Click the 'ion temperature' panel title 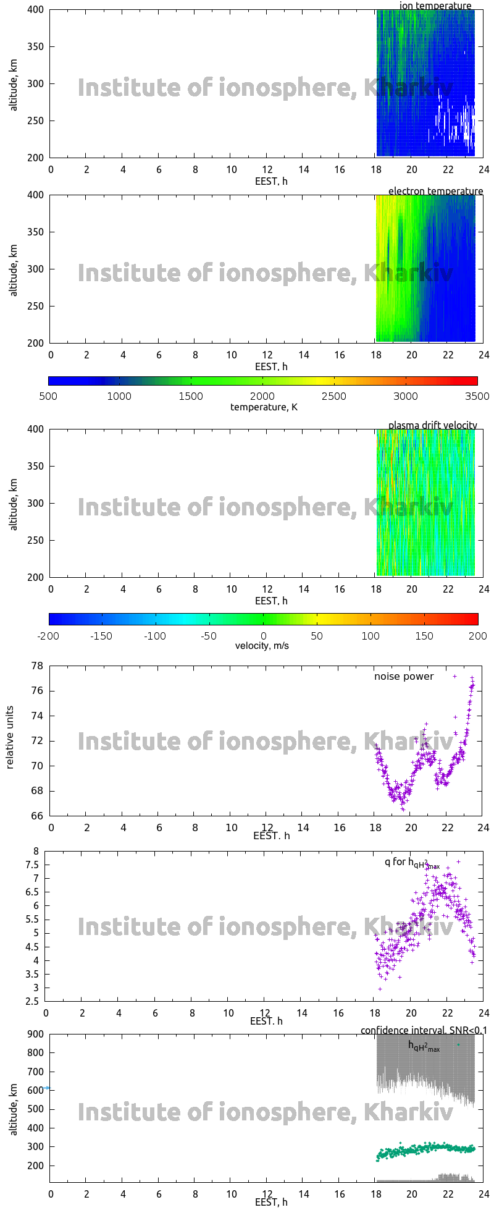click(435, 6)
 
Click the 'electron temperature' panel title click(435, 191)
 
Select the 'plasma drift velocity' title click(432, 425)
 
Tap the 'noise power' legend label click(403, 677)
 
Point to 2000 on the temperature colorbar click(262, 396)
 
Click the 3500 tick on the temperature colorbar click(477, 396)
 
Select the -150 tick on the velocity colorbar click(102, 635)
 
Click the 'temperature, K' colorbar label click(263, 407)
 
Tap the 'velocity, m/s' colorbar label click(262, 646)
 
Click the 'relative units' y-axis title click(10, 741)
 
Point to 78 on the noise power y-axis click(37, 666)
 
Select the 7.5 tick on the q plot click(32, 865)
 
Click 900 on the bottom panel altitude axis click(35, 1034)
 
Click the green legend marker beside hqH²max click(458, 1044)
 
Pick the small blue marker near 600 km click(47, 1088)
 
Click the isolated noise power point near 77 click(455, 676)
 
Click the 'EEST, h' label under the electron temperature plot click(271, 366)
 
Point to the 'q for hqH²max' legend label click(411, 863)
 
